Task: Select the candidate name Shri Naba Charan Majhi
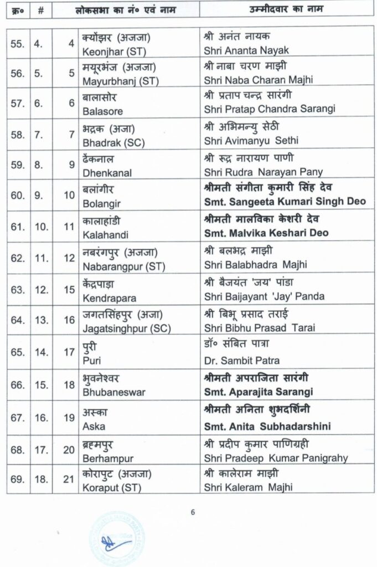pyautogui.click(x=258, y=80)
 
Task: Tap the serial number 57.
pyautogui.click(x=17, y=103)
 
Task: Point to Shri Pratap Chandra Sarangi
pyautogui.click(x=270, y=110)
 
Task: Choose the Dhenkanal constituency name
pyautogui.click(x=107, y=172)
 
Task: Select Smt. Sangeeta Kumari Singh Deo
pyautogui.click(x=285, y=202)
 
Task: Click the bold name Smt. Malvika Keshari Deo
pyautogui.click(x=266, y=233)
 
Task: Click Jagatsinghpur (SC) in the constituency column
pyautogui.click(x=126, y=328)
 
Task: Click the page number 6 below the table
pyautogui.click(x=193, y=512)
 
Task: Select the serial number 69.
pyautogui.click(x=17, y=480)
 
